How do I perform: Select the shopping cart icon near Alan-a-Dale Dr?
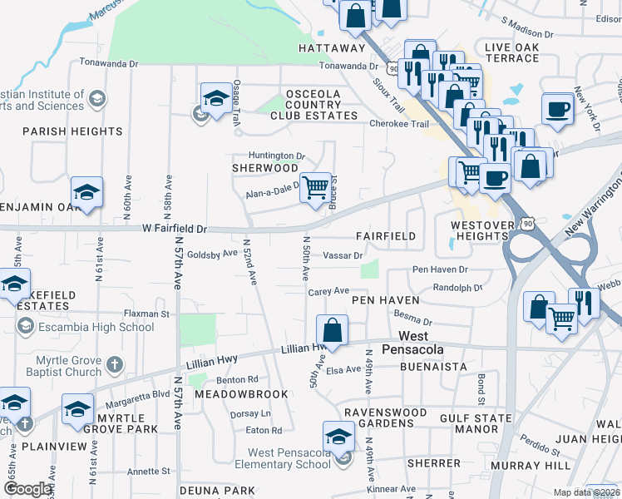(x=314, y=187)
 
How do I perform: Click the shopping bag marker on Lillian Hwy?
(x=332, y=329)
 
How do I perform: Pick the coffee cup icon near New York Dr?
(x=557, y=108)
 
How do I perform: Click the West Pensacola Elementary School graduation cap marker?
(x=338, y=436)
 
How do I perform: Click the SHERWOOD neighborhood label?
(x=264, y=168)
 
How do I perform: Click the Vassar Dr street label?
(x=343, y=255)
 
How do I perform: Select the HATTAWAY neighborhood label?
(x=333, y=48)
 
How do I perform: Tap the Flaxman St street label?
(x=146, y=314)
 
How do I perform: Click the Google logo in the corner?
(x=27, y=489)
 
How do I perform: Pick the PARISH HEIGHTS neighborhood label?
(x=73, y=131)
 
